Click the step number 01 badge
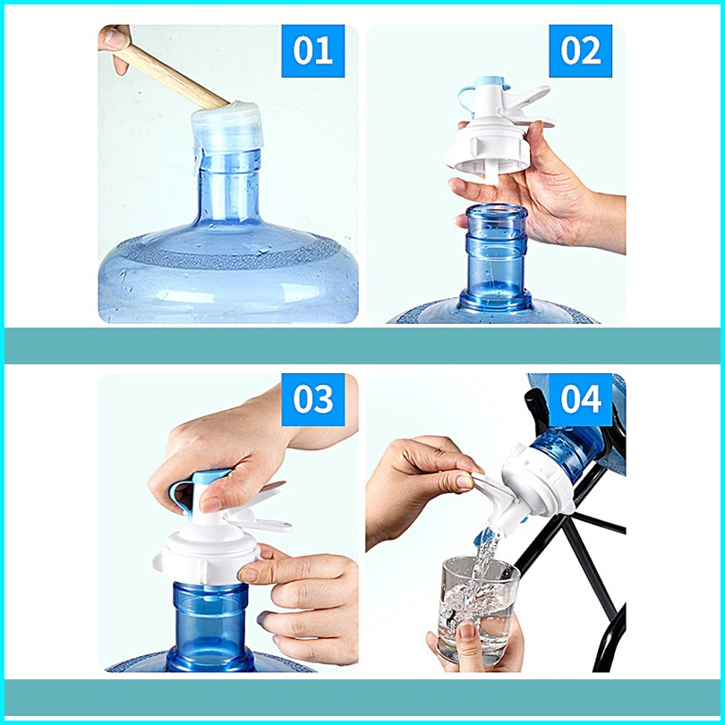[x=313, y=51]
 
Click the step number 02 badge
[x=580, y=51]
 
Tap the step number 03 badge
[x=313, y=399]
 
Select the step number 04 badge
[x=580, y=399]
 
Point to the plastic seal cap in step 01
[x=227, y=130]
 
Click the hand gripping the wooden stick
[x=115, y=47]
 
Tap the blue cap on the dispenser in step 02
[x=490, y=83]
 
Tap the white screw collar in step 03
[x=206, y=557]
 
